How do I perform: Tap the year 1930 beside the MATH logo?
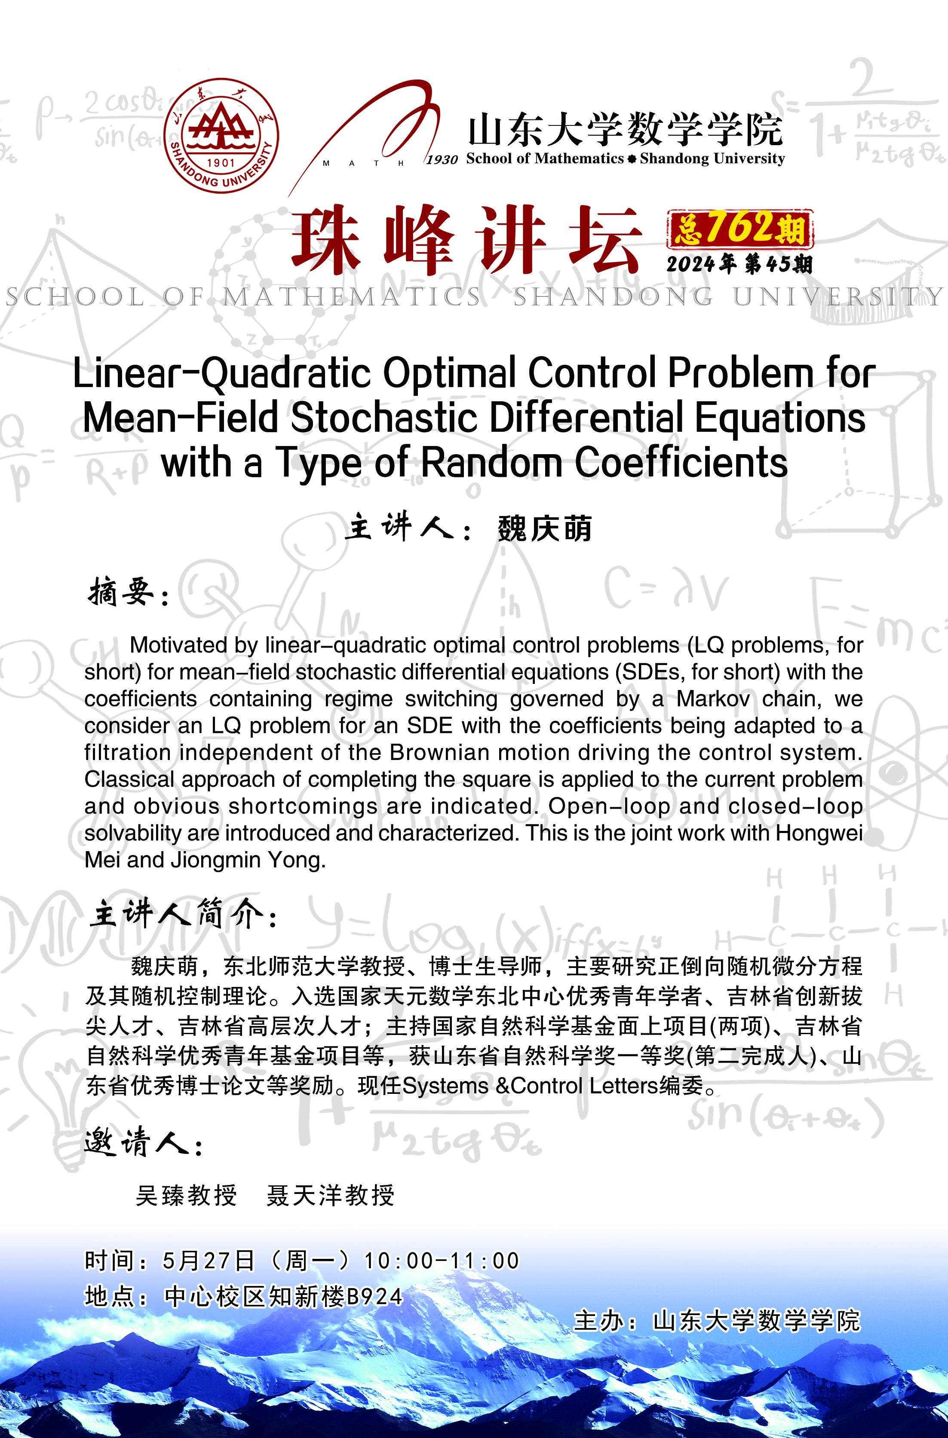[442, 159]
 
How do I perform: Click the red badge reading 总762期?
[740, 229]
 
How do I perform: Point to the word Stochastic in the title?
[384, 418]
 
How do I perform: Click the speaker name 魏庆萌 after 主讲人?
[544, 529]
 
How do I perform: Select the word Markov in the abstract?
[713, 699]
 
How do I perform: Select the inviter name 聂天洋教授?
[330, 1196]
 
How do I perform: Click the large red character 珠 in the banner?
[326, 241]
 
